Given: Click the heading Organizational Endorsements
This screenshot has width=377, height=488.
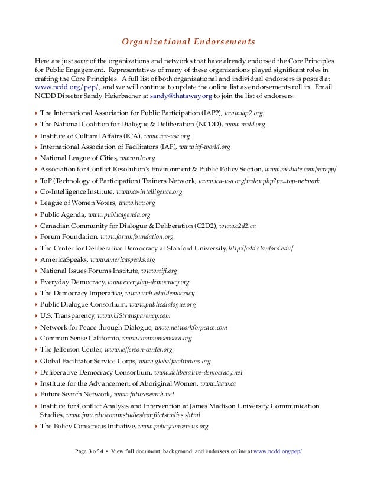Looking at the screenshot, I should tap(188, 42).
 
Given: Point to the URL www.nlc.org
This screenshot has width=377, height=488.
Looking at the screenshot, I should tap(137, 159).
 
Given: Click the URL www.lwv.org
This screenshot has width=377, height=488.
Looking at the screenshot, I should tap(138, 203).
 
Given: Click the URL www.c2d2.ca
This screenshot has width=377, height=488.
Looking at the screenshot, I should tap(238, 226).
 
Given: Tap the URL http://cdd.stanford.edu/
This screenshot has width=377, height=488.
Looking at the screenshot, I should tap(261, 248).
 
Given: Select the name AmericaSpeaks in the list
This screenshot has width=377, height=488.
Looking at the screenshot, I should tap(63, 259).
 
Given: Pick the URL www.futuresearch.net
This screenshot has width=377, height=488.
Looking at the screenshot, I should tap(144, 395).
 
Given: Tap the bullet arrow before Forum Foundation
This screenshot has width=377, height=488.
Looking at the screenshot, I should tap(36, 238).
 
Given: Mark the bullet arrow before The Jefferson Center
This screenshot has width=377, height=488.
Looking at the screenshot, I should tap(36, 350).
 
